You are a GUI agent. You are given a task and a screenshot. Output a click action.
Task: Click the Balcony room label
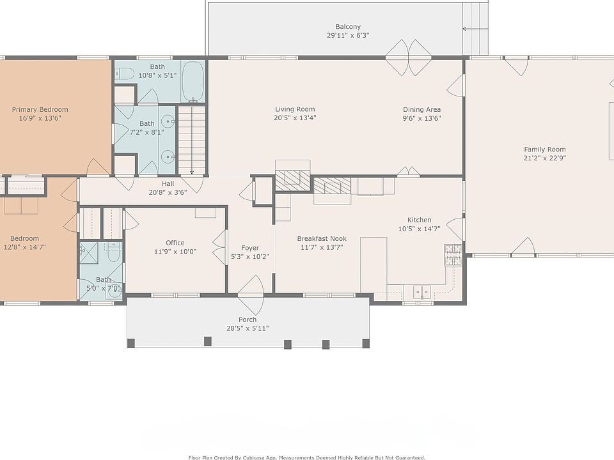(x=348, y=27)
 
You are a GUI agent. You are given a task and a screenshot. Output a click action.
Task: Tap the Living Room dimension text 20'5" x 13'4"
(x=295, y=118)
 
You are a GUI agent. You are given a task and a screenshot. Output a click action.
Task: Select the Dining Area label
(x=421, y=109)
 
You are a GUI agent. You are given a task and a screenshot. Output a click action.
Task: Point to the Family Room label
(x=545, y=149)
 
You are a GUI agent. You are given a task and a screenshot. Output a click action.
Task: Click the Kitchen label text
(x=419, y=220)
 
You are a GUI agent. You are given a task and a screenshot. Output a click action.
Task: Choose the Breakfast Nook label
(x=322, y=238)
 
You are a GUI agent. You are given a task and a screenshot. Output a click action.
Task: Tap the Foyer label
(x=250, y=248)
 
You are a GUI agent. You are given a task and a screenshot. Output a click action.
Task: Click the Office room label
(x=175, y=243)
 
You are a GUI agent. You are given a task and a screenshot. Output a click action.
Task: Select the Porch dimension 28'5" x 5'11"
(x=248, y=328)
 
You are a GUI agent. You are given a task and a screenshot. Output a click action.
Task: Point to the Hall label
(x=168, y=183)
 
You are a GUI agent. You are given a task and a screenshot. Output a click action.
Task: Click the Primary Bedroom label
(x=40, y=109)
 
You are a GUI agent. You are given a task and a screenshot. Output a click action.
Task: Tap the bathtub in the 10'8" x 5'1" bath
(x=193, y=81)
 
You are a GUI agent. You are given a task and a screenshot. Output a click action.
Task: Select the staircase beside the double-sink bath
(x=192, y=140)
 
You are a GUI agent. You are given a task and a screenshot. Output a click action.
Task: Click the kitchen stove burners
(x=453, y=255)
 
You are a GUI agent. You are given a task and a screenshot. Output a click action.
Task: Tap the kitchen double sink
(x=422, y=292)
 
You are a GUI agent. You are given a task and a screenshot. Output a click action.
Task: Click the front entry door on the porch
(x=250, y=295)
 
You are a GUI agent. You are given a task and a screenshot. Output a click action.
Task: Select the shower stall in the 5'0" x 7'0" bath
(x=89, y=253)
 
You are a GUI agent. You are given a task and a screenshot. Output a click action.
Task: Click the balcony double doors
(x=409, y=57)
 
